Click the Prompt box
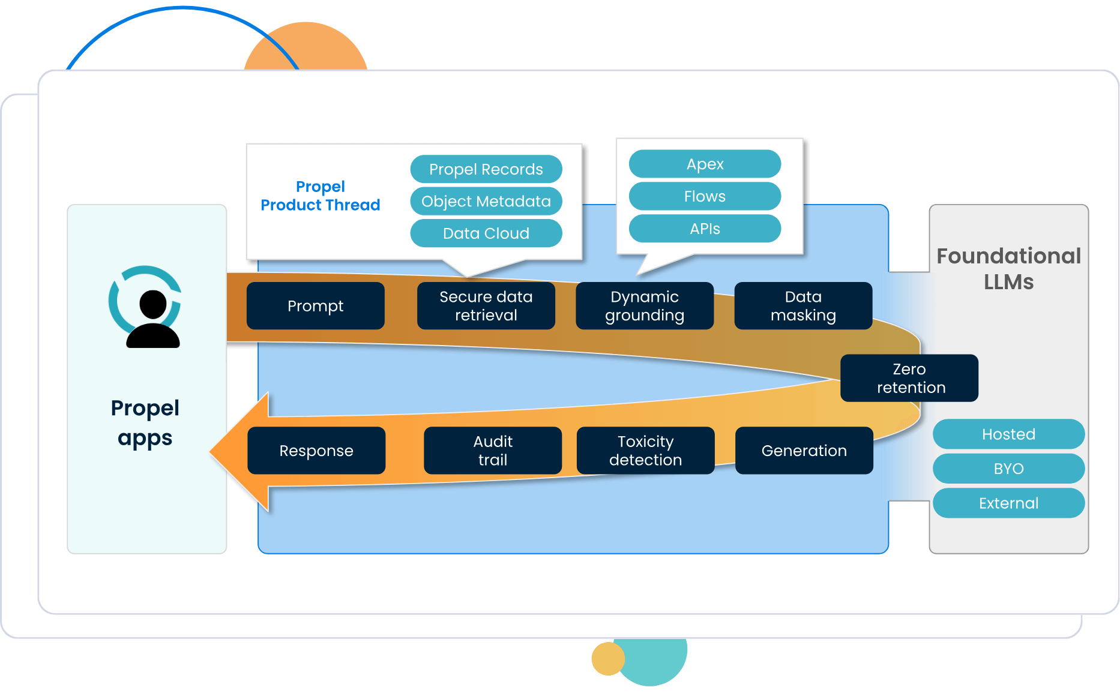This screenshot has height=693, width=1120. click(x=316, y=306)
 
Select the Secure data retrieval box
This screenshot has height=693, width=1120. click(x=486, y=306)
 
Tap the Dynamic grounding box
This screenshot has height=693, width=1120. click(x=645, y=306)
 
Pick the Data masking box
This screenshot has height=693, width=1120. click(x=803, y=306)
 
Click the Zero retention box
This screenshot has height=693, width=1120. click(x=909, y=378)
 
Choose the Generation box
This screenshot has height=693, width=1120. click(x=804, y=451)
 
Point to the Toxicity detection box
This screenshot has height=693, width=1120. click(x=646, y=451)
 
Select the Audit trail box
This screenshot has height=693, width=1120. click(x=493, y=451)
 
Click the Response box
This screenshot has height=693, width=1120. click(x=316, y=451)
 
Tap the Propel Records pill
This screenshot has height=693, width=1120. click(x=486, y=169)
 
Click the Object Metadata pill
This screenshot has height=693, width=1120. click(x=486, y=201)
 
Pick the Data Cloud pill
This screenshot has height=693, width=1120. click(x=486, y=233)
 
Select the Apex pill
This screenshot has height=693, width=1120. click(x=705, y=164)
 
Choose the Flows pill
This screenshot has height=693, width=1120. click(x=705, y=196)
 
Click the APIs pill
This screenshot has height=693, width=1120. click(x=705, y=229)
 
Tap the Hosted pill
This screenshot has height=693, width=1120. click(x=1009, y=434)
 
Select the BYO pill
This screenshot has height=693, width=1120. click(x=1009, y=469)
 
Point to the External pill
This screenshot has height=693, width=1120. click(x=1009, y=503)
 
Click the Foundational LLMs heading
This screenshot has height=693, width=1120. click(x=1009, y=269)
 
